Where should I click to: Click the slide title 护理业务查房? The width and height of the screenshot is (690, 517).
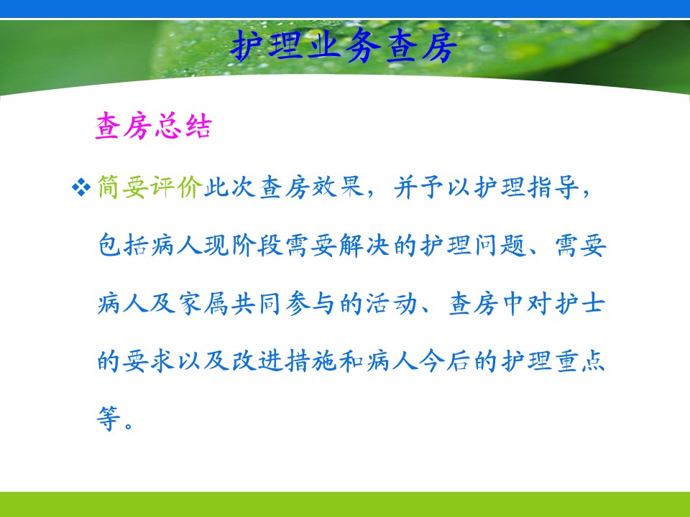tap(344, 46)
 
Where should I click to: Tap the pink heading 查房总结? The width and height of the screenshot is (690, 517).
tap(153, 126)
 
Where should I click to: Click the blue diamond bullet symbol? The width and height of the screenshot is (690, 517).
tap(80, 187)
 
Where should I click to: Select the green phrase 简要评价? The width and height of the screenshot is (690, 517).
tap(150, 187)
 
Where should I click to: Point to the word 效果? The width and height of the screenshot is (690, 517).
tap(338, 187)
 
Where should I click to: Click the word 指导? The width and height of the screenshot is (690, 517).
tap(553, 187)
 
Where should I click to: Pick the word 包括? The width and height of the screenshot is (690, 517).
tap(123, 245)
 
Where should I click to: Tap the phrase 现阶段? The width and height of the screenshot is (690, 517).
tap(244, 245)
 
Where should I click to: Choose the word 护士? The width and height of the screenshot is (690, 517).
tap(580, 303)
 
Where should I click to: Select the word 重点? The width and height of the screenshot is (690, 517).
tap(580, 361)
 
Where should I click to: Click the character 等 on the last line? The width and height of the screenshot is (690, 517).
tap(109, 418)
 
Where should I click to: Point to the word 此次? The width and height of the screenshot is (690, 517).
tap(230, 187)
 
